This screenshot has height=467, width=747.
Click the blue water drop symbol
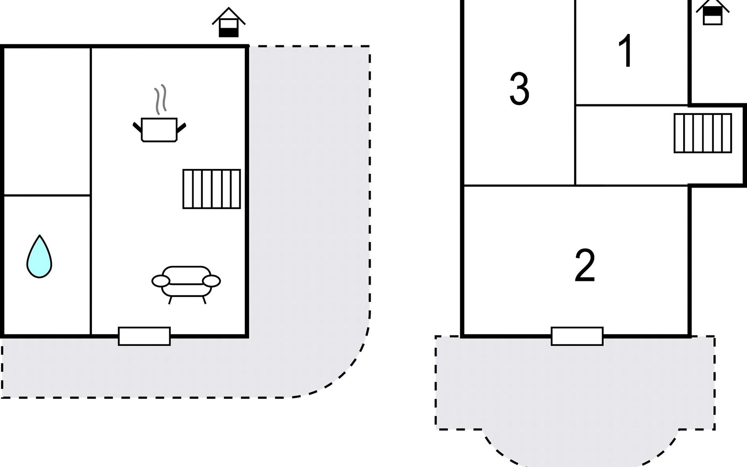[x=39, y=257]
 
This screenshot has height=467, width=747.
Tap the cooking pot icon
[x=159, y=129]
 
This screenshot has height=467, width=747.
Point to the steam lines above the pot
[x=160, y=99]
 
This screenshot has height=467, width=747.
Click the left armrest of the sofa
[x=161, y=281]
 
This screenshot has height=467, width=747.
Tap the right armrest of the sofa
[x=212, y=281]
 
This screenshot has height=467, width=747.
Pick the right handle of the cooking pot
[x=181, y=127]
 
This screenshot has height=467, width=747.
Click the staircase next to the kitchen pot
[x=212, y=189]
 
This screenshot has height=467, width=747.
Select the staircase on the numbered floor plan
[x=703, y=133]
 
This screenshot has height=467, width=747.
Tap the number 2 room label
[x=585, y=266]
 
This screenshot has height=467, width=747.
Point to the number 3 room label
[x=519, y=90]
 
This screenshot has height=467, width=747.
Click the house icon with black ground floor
[x=228, y=23]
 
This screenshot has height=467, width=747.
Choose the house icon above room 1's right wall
[x=713, y=12]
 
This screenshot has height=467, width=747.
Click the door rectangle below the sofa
[x=144, y=336]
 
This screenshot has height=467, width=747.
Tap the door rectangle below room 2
[x=577, y=336]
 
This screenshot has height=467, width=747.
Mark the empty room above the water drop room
[x=47, y=121]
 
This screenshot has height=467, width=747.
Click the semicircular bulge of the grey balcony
[x=580, y=448]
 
